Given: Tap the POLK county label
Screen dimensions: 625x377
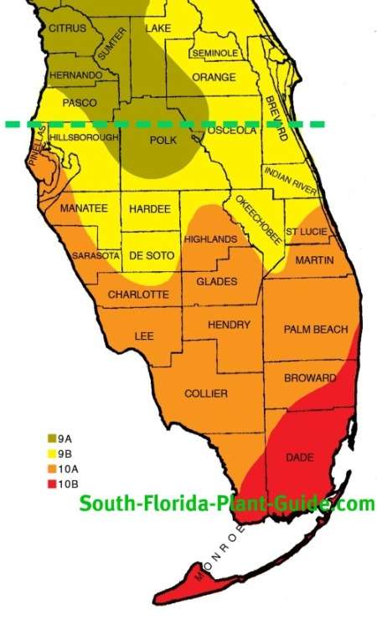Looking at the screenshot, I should [162, 141].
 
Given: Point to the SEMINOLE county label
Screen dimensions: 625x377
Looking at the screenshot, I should [214, 53].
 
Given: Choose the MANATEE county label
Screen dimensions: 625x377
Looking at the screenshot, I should [83, 208].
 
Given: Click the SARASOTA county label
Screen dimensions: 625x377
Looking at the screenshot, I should [92, 255].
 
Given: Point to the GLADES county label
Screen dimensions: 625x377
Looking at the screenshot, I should [216, 281].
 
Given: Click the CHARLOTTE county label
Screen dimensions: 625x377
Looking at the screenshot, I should [138, 295].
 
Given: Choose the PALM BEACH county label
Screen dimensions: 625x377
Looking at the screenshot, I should [315, 330].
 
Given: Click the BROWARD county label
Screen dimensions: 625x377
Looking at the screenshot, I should [310, 378].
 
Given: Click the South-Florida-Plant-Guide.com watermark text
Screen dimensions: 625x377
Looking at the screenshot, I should [226, 504].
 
